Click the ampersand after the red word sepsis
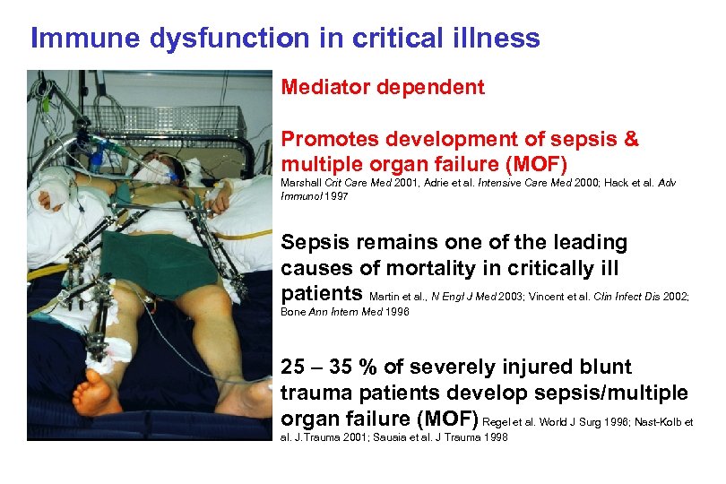[x=631, y=140]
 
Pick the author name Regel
[x=500, y=421]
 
